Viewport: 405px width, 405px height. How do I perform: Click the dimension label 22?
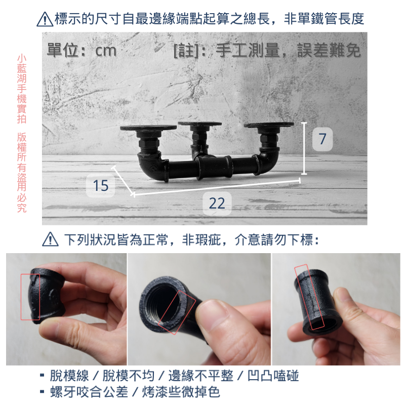tap(217, 203)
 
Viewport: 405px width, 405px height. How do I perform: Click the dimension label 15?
tap(101, 186)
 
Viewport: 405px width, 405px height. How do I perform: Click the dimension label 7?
tap(322, 138)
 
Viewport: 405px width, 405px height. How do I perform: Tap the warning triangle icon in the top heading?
tap(45, 19)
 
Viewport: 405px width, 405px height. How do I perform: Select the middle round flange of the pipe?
tap(199, 125)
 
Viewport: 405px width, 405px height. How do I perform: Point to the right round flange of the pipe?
tap(268, 125)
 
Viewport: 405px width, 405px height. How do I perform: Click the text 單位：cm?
tap(82, 51)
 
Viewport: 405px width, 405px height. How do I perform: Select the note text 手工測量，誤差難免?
tap(288, 51)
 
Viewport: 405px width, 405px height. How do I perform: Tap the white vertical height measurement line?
tap(304, 148)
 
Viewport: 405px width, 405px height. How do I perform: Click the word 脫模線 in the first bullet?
tap(69, 376)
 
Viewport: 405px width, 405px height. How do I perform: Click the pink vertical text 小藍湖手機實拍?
tap(21, 89)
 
